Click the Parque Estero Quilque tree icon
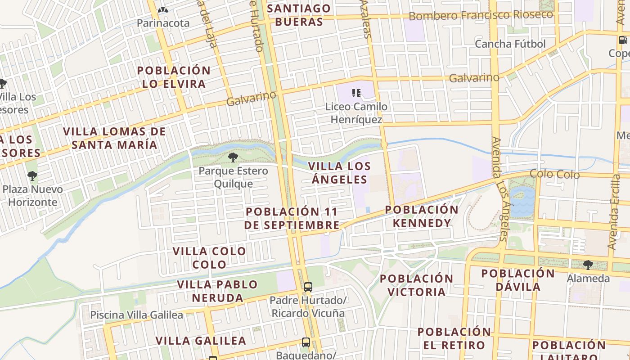[x=233, y=157]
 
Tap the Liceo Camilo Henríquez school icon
[x=356, y=93]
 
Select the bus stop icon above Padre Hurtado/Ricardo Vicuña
[x=308, y=287]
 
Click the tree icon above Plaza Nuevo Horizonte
[x=32, y=175]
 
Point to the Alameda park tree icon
[x=588, y=265]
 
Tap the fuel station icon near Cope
[x=623, y=40]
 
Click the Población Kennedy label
[x=421, y=216]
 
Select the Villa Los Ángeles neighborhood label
[x=339, y=173]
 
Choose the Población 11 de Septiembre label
[x=292, y=218]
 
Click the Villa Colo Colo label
[x=209, y=257]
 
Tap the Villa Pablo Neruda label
[x=217, y=291]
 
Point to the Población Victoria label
[x=416, y=285]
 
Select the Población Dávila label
[x=518, y=280]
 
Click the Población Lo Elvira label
[x=174, y=77]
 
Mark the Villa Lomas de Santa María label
[x=114, y=138]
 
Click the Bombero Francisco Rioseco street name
[x=481, y=15]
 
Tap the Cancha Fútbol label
[x=510, y=44]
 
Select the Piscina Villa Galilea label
[x=137, y=315]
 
